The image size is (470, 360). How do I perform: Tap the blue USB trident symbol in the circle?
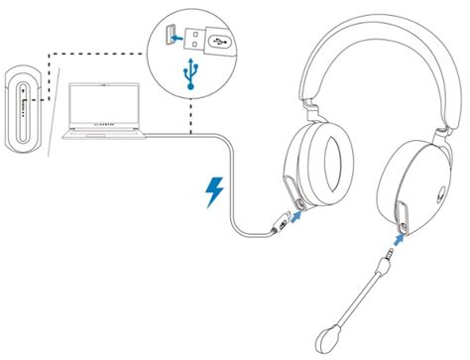[x=190, y=76]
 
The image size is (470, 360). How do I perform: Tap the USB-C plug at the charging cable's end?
[x=275, y=227]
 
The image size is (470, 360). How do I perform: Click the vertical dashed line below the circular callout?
[x=190, y=114]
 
